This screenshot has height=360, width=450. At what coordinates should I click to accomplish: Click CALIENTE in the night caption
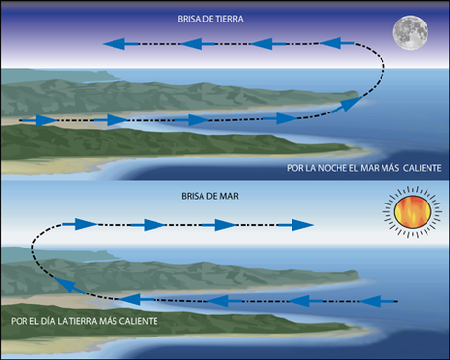pos(419,168)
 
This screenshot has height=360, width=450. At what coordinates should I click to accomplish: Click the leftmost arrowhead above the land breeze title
pos(115,43)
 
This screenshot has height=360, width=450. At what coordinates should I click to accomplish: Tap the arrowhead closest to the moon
pos(332,43)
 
